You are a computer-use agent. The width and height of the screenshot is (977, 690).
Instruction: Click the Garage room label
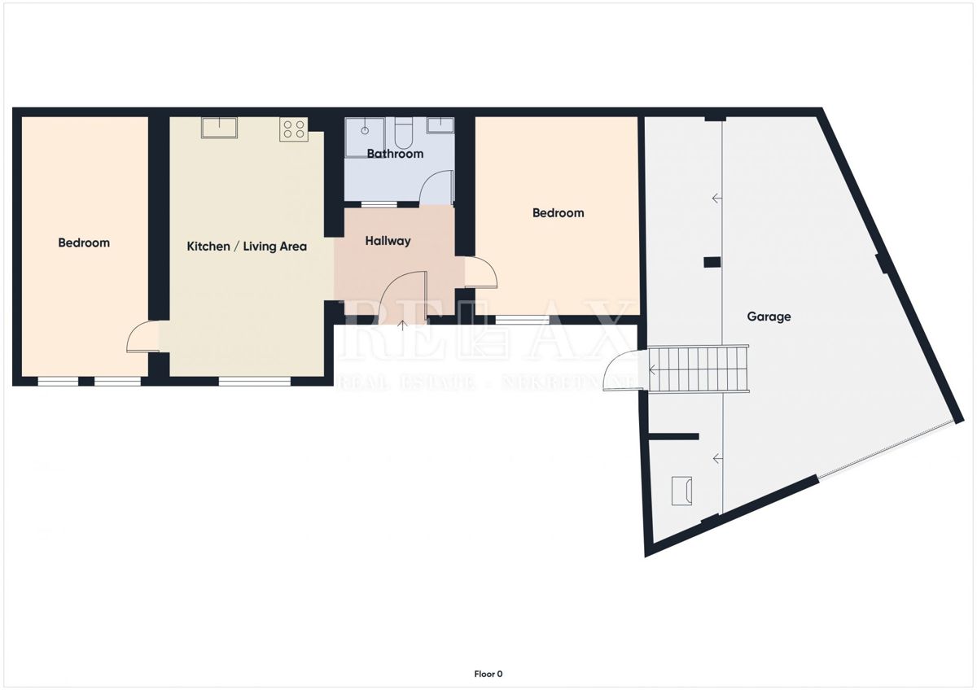(x=769, y=317)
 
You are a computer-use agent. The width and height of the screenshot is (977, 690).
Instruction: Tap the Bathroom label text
(x=395, y=154)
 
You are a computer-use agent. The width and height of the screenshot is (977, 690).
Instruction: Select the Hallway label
(x=388, y=241)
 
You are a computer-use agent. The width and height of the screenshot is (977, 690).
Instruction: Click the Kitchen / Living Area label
(x=247, y=246)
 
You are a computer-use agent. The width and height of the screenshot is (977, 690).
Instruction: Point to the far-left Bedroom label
(x=84, y=242)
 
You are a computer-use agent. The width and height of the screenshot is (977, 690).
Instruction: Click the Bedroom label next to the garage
(x=558, y=213)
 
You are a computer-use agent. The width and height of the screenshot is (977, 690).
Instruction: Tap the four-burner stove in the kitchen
(x=293, y=129)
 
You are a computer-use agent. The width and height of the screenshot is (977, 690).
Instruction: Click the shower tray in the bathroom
(x=364, y=130)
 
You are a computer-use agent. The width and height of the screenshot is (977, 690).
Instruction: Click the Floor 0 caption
(x=488, y=674)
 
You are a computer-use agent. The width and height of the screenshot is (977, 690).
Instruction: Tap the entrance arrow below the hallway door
(x=404, y=325)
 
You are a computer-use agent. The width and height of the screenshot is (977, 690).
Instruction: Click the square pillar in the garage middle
(x=712, y=262)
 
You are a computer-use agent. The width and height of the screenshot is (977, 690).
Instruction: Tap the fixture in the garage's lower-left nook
(x=681, y=491)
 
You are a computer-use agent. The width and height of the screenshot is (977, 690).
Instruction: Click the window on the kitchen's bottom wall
(x=254, y=380)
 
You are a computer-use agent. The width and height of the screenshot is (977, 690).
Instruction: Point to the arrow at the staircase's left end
(x=652, y=370)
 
